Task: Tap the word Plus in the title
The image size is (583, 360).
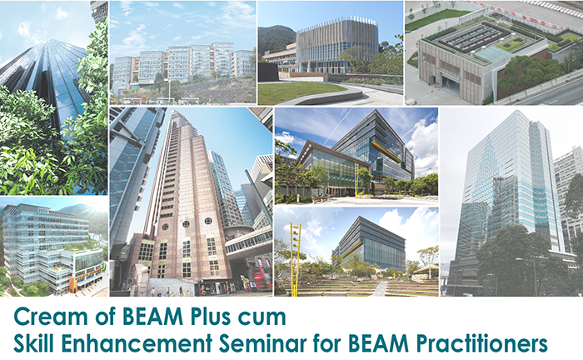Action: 213,317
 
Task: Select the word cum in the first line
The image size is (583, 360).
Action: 265,319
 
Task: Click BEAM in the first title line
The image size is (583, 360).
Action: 152,317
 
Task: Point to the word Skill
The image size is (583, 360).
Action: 34,342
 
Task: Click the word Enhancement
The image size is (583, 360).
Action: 137,342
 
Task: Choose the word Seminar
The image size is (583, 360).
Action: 263,342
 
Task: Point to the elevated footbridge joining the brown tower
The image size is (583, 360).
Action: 248,242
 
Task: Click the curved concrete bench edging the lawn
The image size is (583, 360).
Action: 324,97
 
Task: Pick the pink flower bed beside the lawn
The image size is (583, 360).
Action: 368,80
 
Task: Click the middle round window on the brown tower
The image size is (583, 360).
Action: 186,224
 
